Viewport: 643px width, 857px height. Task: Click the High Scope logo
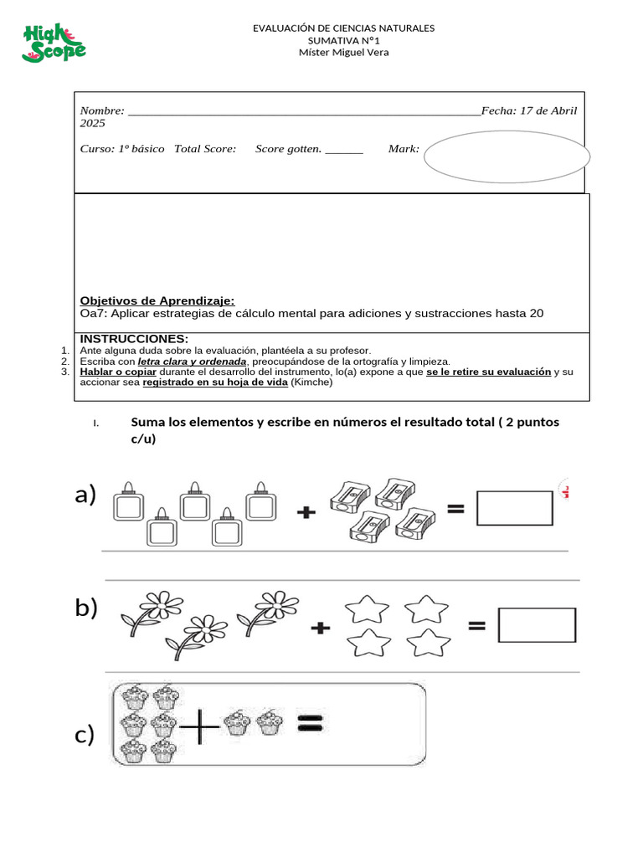coord(54,43)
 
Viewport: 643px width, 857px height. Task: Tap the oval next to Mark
coord(507,156)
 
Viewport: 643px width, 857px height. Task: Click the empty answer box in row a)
coord(514,508)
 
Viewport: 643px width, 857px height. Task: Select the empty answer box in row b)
coord(537,625)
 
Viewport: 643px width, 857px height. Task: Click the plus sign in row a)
coord(307,513)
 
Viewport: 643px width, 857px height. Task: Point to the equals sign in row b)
coord(476,624)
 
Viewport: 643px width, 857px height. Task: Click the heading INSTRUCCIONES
coord(134,338)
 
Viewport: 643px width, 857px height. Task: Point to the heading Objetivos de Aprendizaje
coord(157,300)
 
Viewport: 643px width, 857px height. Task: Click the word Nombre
coord(101,111)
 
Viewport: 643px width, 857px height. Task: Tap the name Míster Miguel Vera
coord(343,52)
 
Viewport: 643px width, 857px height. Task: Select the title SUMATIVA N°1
coord(343,40)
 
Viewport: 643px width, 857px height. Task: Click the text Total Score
coord(205,149)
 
